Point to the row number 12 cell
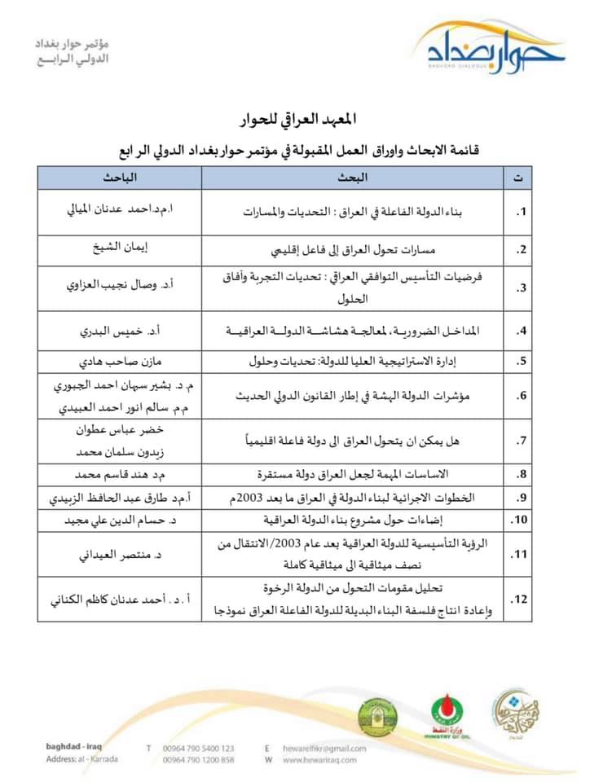click(518, 600)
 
